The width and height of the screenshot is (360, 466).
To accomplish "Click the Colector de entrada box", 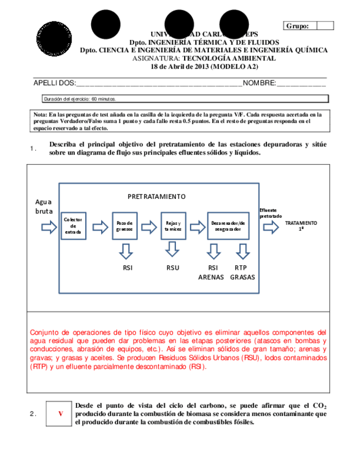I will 73,225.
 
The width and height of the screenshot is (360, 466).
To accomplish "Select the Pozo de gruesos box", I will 125,225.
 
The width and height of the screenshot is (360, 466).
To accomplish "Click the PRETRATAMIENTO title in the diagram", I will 157,196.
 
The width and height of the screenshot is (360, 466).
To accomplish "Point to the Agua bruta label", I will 43,206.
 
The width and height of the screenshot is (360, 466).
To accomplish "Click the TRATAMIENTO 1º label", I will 301,225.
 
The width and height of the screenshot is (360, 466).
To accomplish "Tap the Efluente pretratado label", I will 271,213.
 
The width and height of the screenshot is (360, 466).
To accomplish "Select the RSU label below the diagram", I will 173,268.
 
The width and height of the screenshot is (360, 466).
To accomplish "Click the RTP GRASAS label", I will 242,273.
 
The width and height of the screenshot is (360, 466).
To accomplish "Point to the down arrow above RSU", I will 173,251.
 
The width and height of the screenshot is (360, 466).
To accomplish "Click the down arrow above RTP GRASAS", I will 242,251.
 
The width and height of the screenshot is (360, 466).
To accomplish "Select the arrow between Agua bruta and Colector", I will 48,226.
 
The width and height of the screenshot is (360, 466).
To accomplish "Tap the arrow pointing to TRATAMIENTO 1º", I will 270,226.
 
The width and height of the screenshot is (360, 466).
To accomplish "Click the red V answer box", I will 60,414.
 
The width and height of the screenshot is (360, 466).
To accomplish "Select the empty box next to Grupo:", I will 325,26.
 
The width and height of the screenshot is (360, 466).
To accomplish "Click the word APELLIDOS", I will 54,83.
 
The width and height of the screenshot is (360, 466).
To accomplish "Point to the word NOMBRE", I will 259,83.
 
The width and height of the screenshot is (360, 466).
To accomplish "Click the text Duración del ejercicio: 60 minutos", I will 80,99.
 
